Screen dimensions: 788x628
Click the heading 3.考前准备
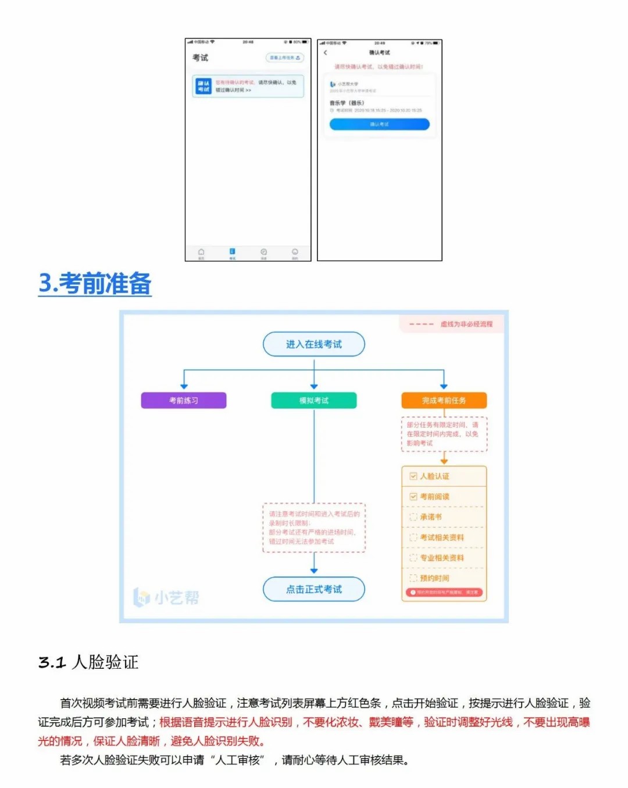click(95, 284)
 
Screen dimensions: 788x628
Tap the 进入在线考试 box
click(314, 344)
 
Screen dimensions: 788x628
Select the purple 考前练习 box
click(184, 401)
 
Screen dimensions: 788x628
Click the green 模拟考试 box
click(314, 401)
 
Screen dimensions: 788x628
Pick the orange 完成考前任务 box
click(444, 401)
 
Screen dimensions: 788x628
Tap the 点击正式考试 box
click(314, 589)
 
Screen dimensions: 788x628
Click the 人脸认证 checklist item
click(434, 476)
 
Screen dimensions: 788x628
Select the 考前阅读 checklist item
click(434, 497)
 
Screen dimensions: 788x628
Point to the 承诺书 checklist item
click(431, 517)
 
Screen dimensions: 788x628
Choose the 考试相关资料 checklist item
click(441, 537)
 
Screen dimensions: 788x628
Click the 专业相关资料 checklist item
click(441, 558)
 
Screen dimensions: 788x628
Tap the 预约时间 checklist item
click(434, 578)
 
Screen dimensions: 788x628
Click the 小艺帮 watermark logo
click(167, 597)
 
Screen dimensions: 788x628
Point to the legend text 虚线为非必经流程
click(466, 324)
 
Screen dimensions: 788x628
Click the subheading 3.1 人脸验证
click(88, 662)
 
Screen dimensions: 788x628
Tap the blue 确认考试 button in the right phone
click(379, 124)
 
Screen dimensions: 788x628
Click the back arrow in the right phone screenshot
click(326, 53)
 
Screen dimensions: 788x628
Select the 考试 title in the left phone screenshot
click(200, 58)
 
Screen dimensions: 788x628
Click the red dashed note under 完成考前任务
click(444, 434)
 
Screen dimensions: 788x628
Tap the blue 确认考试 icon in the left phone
click(203, 86)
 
